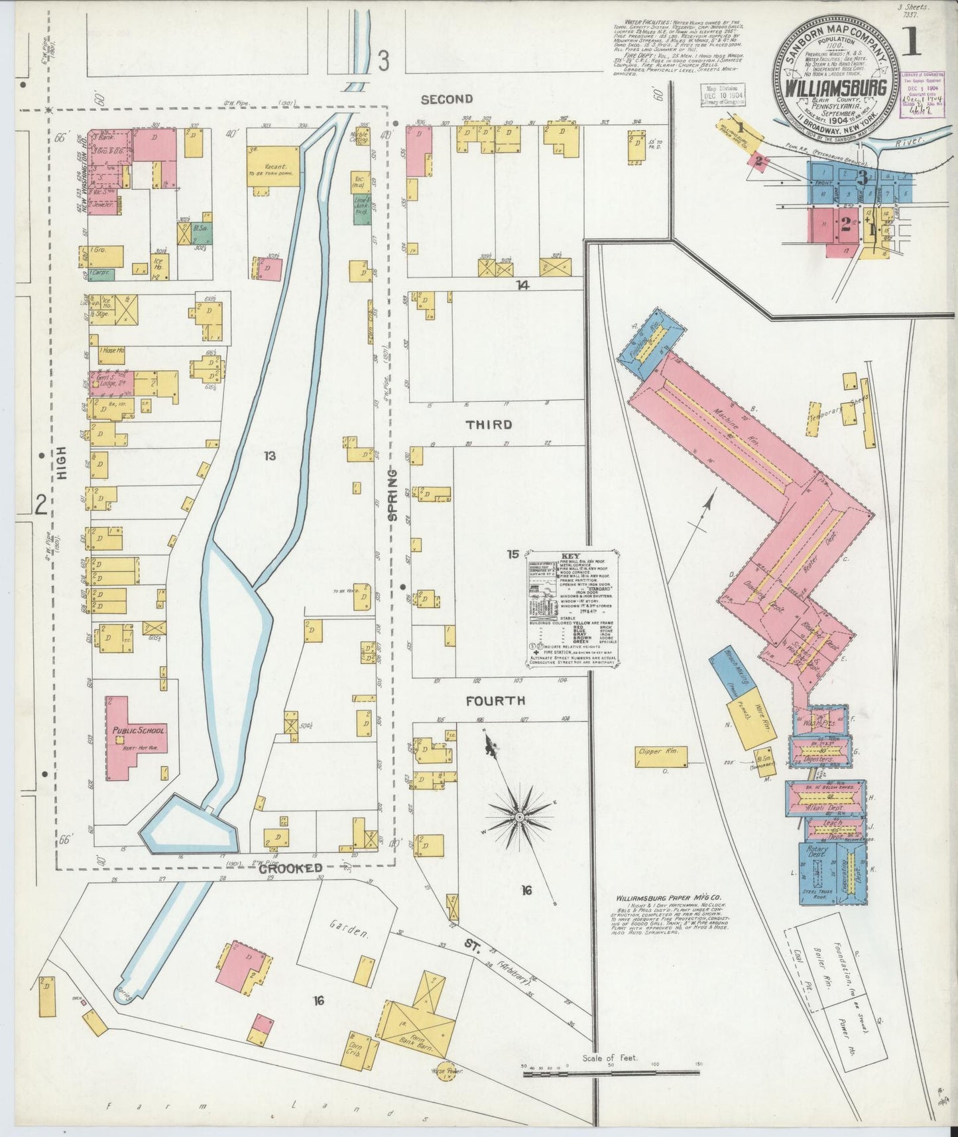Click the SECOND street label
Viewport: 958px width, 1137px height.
(447, 100)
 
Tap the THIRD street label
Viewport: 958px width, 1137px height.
(489, 425)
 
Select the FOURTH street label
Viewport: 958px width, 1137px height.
(495, 701)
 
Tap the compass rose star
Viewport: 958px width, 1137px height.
(520, 814)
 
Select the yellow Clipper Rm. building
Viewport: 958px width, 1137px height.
(660, 755)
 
